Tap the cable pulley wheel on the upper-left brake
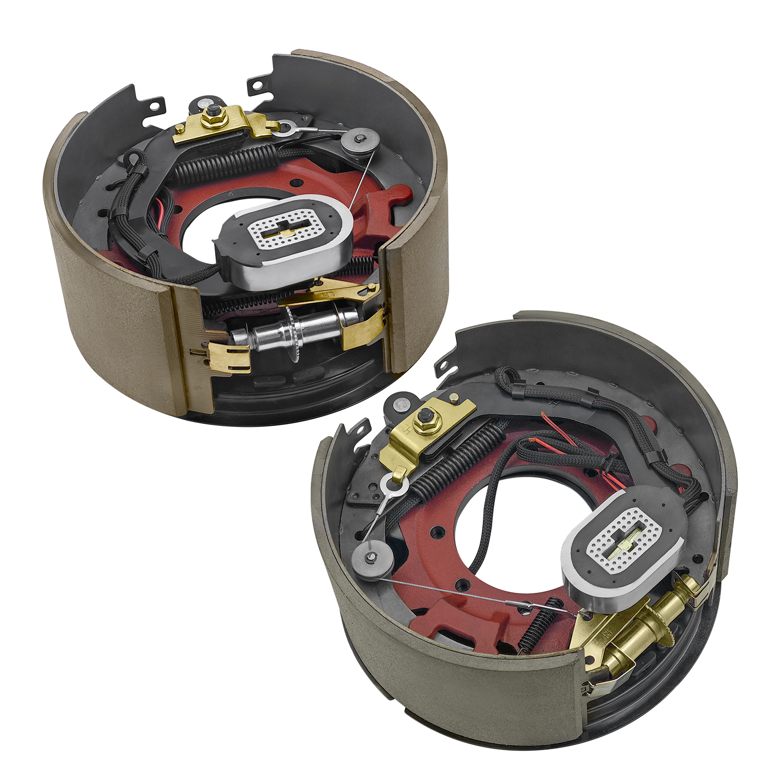[x=359, y=141]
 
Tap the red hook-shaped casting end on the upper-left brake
[x=397, y=196]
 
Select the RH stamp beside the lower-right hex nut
[x=406, y=430]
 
